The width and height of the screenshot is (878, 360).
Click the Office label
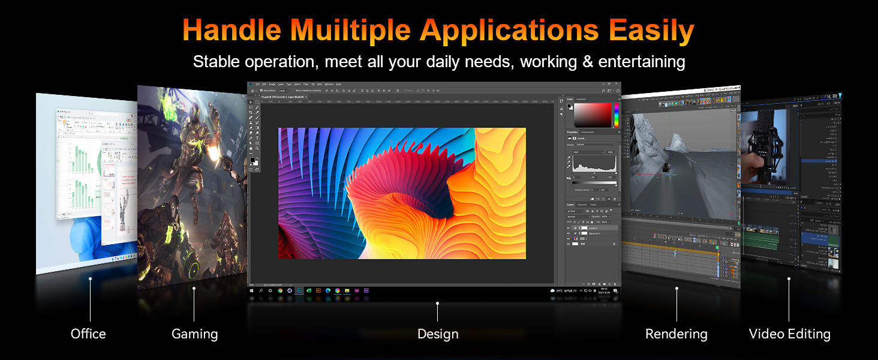[88, 334]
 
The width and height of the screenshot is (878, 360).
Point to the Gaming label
[194, 334]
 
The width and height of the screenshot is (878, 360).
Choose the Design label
[438, 334]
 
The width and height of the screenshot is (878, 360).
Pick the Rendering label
[676, 334]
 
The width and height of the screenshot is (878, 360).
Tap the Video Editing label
[789, 334]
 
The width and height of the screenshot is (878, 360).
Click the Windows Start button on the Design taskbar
[252, 290]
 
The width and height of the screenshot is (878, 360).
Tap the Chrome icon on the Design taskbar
[280, 290]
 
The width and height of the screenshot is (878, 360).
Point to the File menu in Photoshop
[257, 84]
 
